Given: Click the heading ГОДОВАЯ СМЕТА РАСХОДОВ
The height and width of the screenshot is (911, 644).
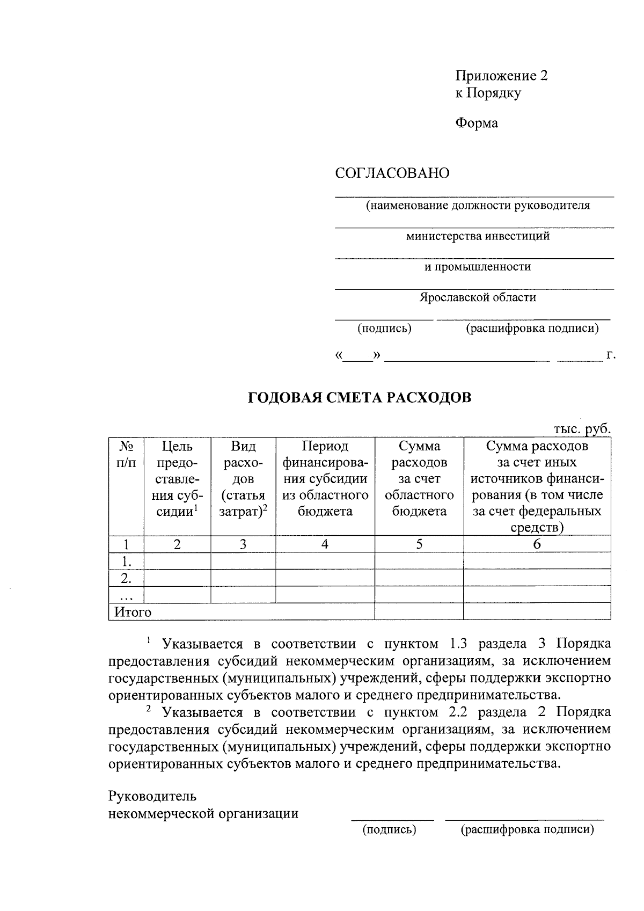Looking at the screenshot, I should click(x=359, y=398).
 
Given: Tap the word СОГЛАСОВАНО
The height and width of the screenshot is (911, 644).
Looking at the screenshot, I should click(x=392, y=173).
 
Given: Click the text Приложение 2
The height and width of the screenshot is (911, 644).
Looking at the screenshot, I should click(x=501, y=76).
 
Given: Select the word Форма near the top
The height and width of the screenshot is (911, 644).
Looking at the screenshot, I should click(x=477, y=123).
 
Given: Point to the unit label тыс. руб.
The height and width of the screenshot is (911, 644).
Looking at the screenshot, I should click(x=582, y=429).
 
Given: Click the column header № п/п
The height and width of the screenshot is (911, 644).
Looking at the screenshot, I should click(x=126, y=454).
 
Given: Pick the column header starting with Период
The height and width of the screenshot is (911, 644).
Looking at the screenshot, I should click(x=325, y=478).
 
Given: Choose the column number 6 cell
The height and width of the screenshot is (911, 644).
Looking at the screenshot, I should click(x=537, y=544).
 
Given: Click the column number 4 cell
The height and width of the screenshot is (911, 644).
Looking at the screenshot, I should click(x=325, y=544).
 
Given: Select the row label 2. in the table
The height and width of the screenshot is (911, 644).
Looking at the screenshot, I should click(x=126, y=579).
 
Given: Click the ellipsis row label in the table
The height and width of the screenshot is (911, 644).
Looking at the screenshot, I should click(x=126, y=595).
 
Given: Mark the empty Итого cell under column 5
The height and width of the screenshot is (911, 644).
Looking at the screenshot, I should click(x=419, y=612).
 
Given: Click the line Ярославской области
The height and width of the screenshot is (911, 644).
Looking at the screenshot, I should click(x=477, y=297).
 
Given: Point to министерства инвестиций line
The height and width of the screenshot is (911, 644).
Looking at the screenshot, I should click(x=477, y=236).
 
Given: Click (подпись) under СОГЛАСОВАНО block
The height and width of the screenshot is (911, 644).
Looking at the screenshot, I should click(x=384, y=328).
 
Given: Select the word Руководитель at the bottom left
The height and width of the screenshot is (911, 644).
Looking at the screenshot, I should click(x=152, y=796).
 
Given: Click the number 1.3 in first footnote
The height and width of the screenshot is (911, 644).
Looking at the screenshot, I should click(x=458, y=644).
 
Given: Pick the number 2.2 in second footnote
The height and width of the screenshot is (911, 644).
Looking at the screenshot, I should click(x=458, y=712).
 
